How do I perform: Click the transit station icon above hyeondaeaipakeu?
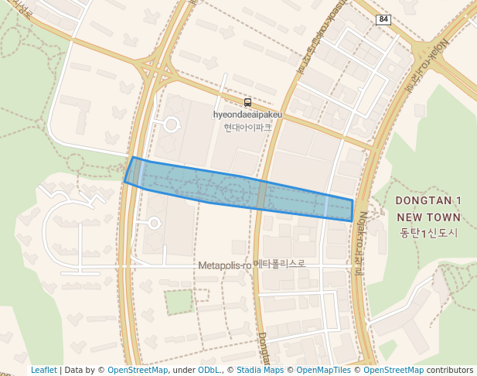[247, 102]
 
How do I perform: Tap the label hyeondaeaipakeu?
[247, 115]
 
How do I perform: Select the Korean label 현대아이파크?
[247, 127]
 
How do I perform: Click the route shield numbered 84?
[383, 18]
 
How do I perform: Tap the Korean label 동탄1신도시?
[428, 232]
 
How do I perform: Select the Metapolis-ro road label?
[224, 265]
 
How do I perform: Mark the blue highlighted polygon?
[232, 187]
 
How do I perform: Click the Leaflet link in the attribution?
[43, 371]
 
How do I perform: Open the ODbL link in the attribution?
[209, 371]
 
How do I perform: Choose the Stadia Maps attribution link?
[260, 371]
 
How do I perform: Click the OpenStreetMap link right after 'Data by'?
[137, 371]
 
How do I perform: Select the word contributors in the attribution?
[449, 371]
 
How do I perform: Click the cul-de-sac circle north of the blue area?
[171, 124]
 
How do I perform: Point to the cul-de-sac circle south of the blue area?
[154, 224]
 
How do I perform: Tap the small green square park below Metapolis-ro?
[179, 302]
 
